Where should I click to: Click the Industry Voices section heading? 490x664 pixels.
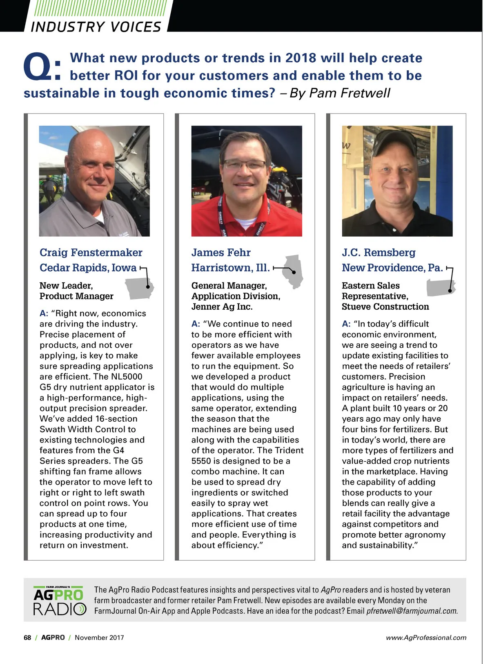coord(96,27)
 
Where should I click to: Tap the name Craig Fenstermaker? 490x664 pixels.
coord(91,253)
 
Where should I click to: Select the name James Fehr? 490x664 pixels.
coord(221,253)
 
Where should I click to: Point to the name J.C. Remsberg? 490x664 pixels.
coord(379,253)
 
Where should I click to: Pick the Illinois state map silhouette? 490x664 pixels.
coord(294,270)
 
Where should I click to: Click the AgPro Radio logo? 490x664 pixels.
coord(60,600)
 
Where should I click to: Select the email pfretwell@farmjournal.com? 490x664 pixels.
coord(412,611)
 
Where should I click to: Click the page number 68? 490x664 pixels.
coord(27,637)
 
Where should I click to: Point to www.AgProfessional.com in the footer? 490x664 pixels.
coord(426,637)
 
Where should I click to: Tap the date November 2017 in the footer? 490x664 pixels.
coord(99,637)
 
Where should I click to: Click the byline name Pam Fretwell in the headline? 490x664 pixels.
coord(350,93)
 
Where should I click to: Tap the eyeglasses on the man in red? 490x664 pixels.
coord(245,165)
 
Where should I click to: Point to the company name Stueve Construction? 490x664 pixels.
coord(385,306)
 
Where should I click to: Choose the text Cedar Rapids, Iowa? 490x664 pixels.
coord(88,268)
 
